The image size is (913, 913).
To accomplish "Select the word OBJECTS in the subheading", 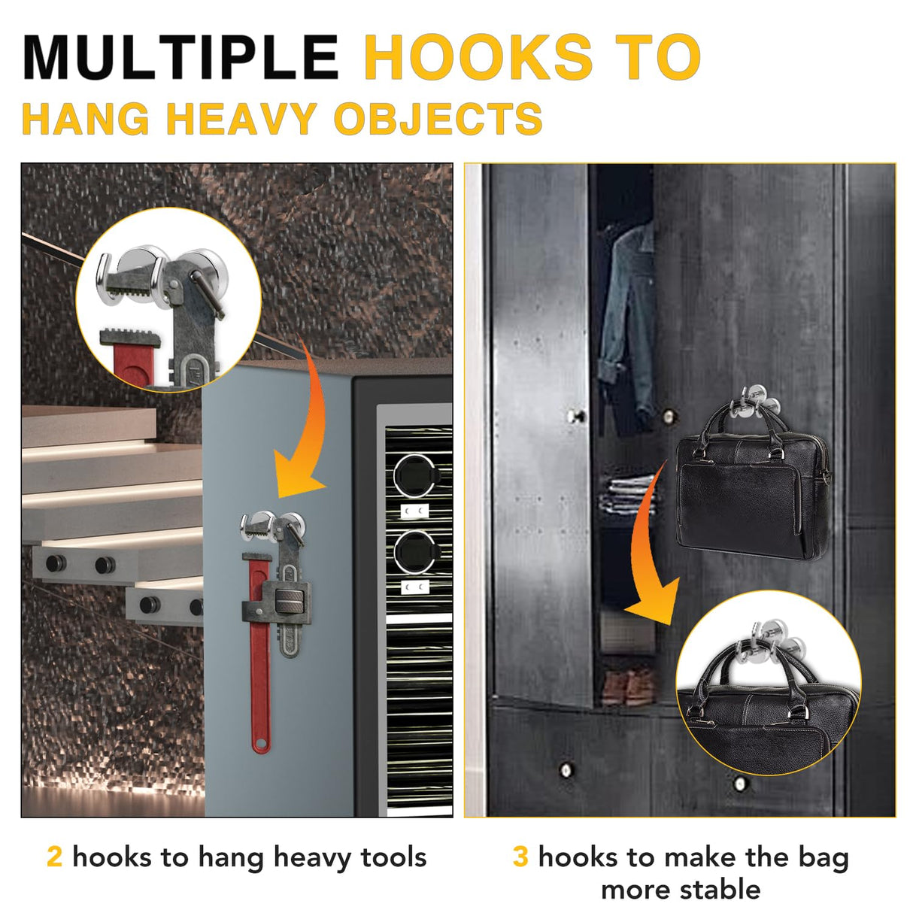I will click(438, 120).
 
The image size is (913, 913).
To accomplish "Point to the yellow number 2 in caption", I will click(54, 857).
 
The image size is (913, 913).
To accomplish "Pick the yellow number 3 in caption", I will click(520, 857).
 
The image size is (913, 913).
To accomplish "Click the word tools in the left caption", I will click(393, 857).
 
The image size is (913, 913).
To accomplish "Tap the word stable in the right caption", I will click(720, 890).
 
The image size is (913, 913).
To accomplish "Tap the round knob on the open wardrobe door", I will click(576, 415).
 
